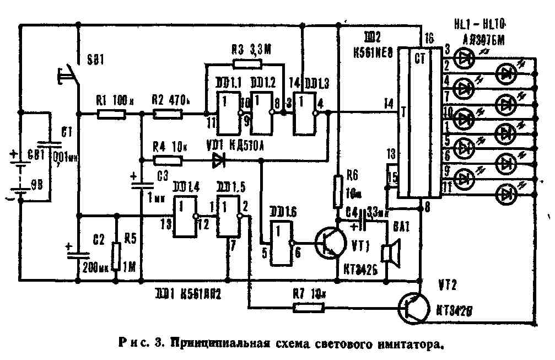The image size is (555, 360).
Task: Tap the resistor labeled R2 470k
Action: [x=168, y=114]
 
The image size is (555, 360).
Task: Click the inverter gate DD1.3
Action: [x=305, y=113]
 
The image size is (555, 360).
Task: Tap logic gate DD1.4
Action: [x=186, y=216]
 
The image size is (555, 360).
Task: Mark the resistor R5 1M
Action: [x=116, y=257]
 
